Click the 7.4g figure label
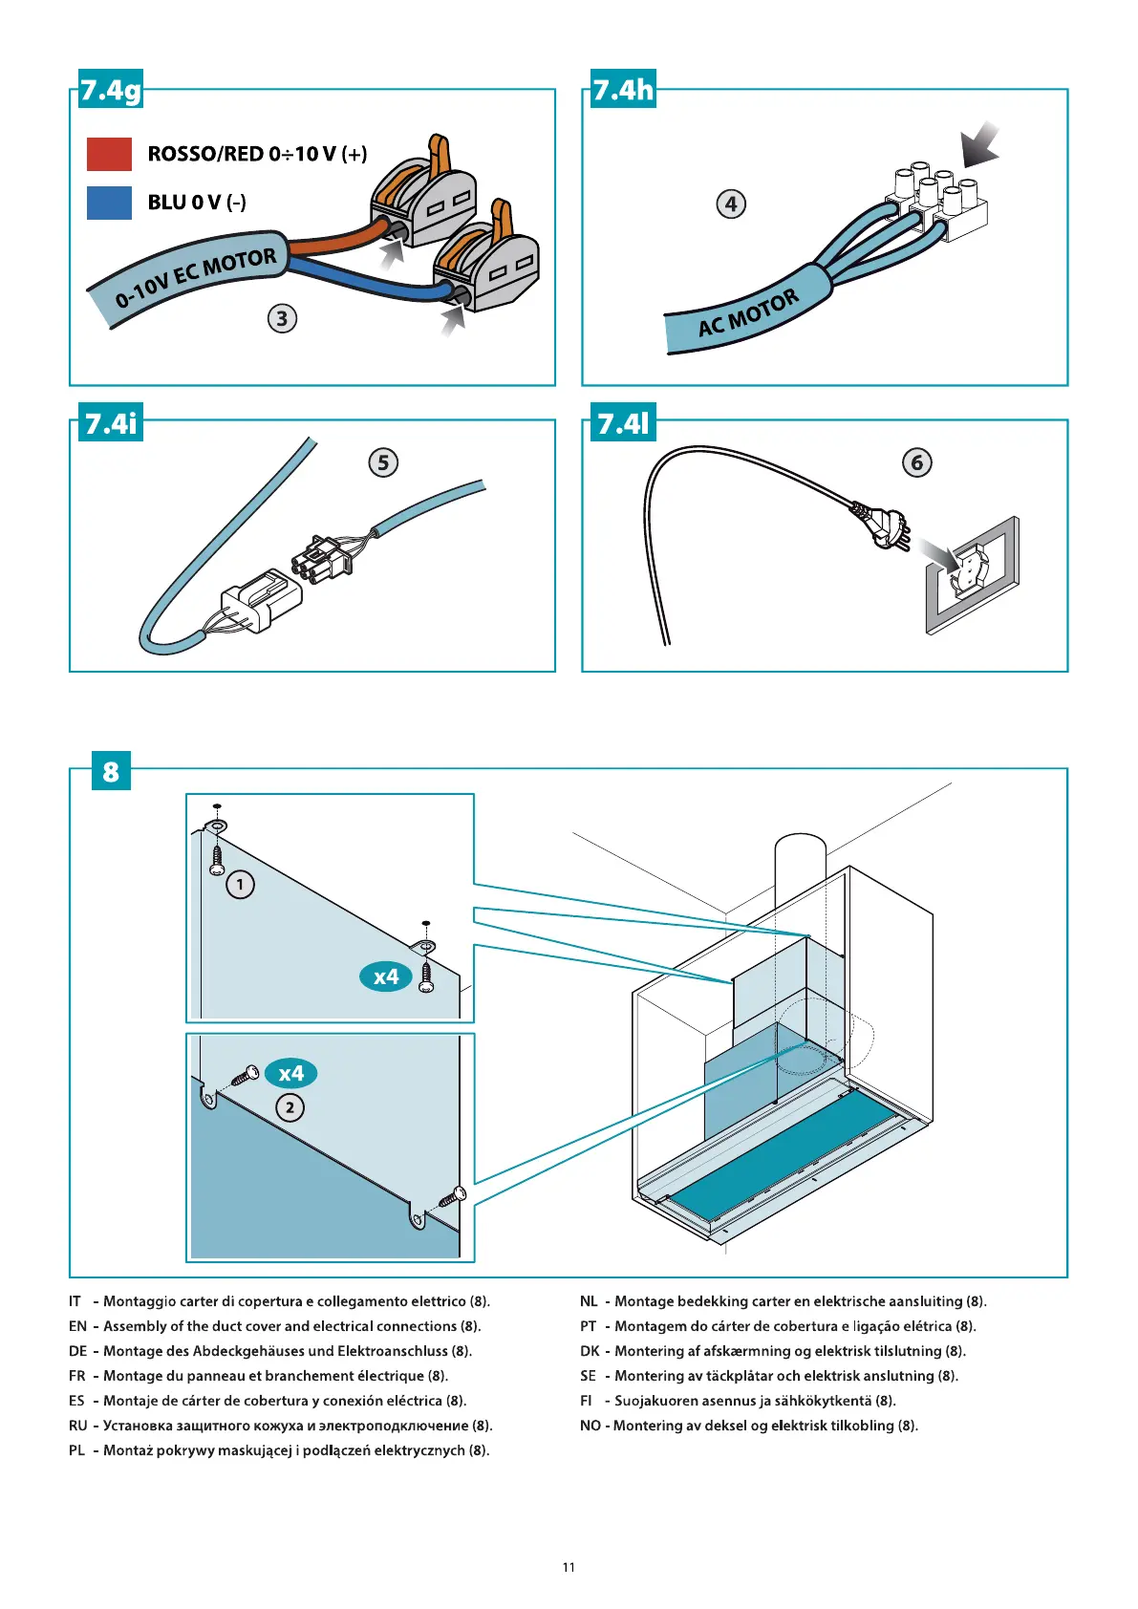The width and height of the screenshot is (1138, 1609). [110, 91]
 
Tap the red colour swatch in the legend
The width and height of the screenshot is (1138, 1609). [109, 154]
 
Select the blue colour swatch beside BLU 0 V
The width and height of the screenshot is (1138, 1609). [109, 203]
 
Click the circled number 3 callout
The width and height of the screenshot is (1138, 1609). [282, 318]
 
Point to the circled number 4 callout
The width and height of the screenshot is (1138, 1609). [731, 204]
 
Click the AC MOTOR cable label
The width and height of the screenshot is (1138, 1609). [748, 314]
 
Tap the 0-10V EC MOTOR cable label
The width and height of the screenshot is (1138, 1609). [196, 278]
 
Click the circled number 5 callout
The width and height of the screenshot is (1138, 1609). [383, 462]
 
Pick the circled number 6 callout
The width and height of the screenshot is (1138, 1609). [917, 462]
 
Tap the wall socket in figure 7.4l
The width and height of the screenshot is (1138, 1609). [971, 574]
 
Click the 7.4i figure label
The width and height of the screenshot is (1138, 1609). [111, 422]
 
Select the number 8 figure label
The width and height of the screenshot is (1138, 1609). [111, 771]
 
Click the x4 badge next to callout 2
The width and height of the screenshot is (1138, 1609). [290, 1073]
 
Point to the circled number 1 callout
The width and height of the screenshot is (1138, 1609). [240, 885]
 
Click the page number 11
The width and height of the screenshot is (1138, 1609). [569, 1567]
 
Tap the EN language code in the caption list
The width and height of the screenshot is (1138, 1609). [77, 1326]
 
